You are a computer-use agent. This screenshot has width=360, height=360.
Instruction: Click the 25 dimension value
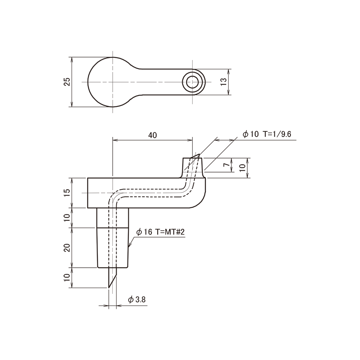coord(67,82)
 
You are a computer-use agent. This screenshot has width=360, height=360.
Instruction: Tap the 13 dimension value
coord(223,82)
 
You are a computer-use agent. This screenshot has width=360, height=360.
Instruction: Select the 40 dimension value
coord(153,135)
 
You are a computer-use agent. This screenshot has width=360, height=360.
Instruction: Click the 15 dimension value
coord(67,193)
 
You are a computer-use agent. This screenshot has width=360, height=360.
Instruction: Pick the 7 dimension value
coord(227,165)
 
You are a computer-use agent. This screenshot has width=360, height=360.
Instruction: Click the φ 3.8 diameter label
coord(137,299)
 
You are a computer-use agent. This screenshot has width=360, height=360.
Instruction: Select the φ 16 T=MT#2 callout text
coord(160,232)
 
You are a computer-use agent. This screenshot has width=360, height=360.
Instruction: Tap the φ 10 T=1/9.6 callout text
coord(267,134)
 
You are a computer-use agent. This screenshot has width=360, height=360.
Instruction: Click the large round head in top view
coord(88,82)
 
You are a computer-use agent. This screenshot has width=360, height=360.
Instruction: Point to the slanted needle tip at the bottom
coord(112,277)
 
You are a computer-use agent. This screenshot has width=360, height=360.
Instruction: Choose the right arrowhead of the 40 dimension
coord(190,140)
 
